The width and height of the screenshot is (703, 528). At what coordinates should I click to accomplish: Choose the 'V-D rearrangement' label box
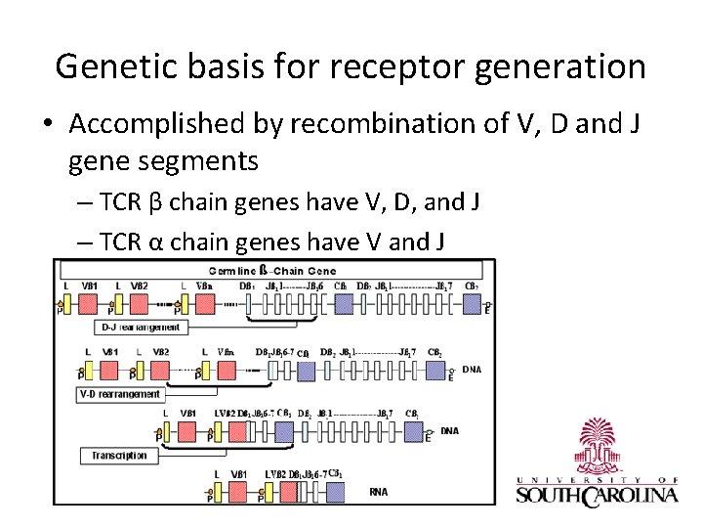click(x=120, y=394)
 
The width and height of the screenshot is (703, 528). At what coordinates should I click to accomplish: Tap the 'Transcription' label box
click(x=119, y=456)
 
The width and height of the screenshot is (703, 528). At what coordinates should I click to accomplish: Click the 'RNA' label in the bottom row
click(x=378, y=491)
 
